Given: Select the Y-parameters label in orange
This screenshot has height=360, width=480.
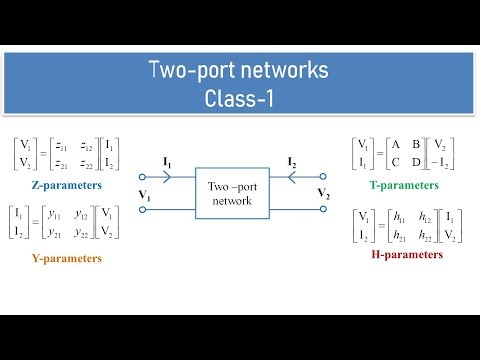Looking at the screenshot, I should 57,259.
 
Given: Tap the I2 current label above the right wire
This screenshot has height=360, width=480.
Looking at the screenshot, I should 292,161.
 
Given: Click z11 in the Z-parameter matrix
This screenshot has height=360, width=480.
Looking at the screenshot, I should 64,146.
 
